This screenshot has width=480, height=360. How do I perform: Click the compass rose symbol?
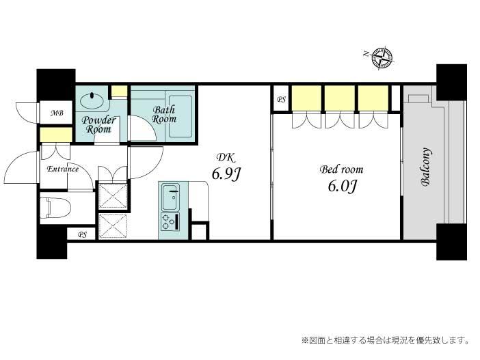coord(382,57)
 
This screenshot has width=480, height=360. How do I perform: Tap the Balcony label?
coord(426,167)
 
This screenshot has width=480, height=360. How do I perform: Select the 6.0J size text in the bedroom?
coord(342,186)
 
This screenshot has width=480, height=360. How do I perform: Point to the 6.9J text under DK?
coord(226,174)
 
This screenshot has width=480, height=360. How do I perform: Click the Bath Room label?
coord(164,114)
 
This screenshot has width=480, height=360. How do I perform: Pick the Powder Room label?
coord(98,125)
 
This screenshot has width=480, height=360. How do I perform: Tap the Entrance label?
coord(63,169)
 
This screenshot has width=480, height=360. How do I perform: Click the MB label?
coord(57,113)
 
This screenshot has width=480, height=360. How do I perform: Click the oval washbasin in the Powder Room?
coord(92,100)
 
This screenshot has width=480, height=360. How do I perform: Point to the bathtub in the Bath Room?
coord(181,116)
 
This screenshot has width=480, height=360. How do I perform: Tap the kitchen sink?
coord(170,197)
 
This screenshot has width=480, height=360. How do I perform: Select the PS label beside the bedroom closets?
coord(281,100)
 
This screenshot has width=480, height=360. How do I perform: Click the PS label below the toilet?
coord(82,235)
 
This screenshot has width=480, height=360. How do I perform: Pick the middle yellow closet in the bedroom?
coord(340,98)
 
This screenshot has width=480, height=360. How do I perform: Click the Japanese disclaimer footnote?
coord(385,340)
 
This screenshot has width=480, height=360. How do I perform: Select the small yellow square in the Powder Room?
coord(119,91)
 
